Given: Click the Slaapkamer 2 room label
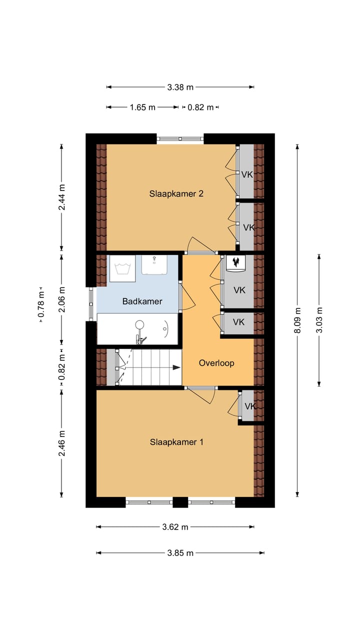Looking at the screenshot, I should tap(176, 194).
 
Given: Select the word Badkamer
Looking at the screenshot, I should tap(142, 301).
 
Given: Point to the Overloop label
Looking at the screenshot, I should tap(216, 363).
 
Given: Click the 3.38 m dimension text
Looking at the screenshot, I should tap(180, 87).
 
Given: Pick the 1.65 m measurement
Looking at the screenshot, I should tap(142, 107).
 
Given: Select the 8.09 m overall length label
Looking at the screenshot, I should tap(297, 320).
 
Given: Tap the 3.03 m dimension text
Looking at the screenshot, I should tap(319, 320).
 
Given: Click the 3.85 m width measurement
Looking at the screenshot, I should tap(180, 553).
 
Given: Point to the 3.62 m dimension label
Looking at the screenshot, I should tap(175, 526).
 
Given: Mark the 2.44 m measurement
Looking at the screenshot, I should tap(61, 197).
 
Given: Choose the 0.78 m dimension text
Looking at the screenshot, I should tap(41, 304).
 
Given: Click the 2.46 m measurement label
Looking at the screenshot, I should tap(61, 443).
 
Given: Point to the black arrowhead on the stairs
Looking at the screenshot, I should tap(176, 367).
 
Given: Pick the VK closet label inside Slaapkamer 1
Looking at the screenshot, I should tap(250, 406).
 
